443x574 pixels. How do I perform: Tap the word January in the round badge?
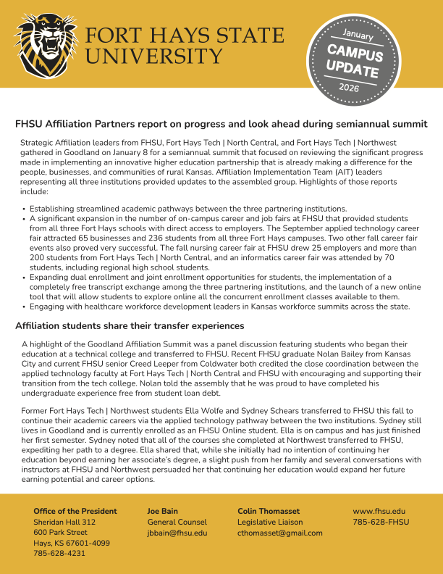point(358,35)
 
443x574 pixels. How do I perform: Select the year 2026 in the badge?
point(349,88)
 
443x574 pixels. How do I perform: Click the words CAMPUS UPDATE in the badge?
point(353,61)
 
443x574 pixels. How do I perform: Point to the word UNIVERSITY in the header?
point(144,56)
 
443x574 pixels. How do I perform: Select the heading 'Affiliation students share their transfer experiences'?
point(130,325)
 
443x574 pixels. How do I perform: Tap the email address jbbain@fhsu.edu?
point(177,533)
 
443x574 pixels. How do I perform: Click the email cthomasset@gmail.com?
point(280,533)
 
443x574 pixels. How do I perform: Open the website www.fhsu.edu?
point(379,511)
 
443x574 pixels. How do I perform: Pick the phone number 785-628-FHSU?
point(381,522)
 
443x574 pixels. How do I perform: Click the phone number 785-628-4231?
point(59,553)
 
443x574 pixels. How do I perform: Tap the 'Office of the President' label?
point(75,511)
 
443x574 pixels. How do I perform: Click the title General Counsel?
point(177,522)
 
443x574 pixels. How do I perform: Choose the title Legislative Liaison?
point(270,522)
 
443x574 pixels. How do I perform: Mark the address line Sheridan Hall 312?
point(64,522)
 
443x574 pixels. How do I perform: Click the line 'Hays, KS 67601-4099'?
point(72,543)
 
